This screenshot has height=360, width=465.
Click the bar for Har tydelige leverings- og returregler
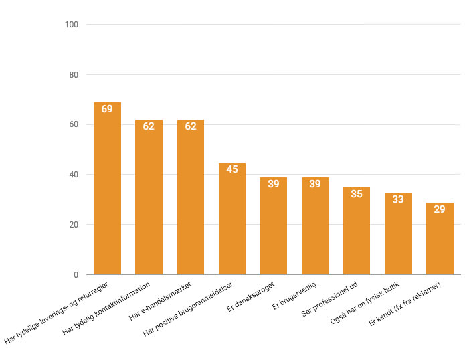coord(107,189)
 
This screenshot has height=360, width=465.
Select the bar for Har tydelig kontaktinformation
coord(149,197)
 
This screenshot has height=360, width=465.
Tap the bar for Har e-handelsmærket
coord(191,197)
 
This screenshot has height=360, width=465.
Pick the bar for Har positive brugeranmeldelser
coord(232,219)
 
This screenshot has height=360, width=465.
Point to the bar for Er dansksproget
coord(274,226)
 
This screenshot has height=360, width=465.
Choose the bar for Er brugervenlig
coord(315,226)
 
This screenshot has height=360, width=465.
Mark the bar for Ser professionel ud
coord(357,231)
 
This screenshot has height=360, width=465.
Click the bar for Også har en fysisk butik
coord(398,234)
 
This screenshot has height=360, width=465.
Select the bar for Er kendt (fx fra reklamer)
coord(440,239)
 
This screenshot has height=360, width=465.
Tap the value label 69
coord(107,108)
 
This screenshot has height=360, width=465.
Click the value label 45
coord(232,169)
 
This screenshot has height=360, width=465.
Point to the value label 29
coord(440,209)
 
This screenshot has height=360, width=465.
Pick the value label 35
coord(357,194)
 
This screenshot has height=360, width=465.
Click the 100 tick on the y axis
coord(72,25)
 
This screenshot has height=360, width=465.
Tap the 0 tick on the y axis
coord(76,275)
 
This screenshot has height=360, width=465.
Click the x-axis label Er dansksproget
coord(252,295)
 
